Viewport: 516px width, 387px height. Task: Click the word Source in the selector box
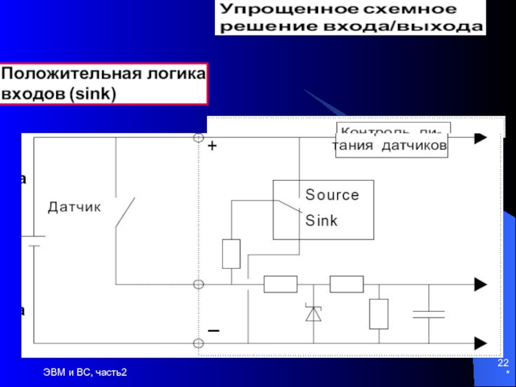(332, 194)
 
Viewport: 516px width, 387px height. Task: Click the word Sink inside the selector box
(321, 220)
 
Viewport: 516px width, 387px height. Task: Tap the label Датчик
(75, 207)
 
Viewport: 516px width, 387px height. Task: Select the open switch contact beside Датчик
(125, 213)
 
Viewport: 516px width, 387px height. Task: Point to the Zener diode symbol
(313, 313)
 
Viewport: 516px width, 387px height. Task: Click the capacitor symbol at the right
(429, 314)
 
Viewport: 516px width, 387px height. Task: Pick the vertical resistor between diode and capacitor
(379, 314)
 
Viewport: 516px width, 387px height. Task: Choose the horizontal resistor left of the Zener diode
(280, 284)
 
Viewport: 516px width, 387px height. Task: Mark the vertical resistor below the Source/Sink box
(231, 253)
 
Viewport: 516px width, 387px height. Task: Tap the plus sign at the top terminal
(212, 147)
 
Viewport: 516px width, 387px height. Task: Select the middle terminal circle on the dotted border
(199, 284)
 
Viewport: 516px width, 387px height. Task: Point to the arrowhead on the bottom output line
(480, 342)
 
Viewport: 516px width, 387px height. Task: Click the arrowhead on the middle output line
(480, 284)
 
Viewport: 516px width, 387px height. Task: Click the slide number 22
(502, 366)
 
